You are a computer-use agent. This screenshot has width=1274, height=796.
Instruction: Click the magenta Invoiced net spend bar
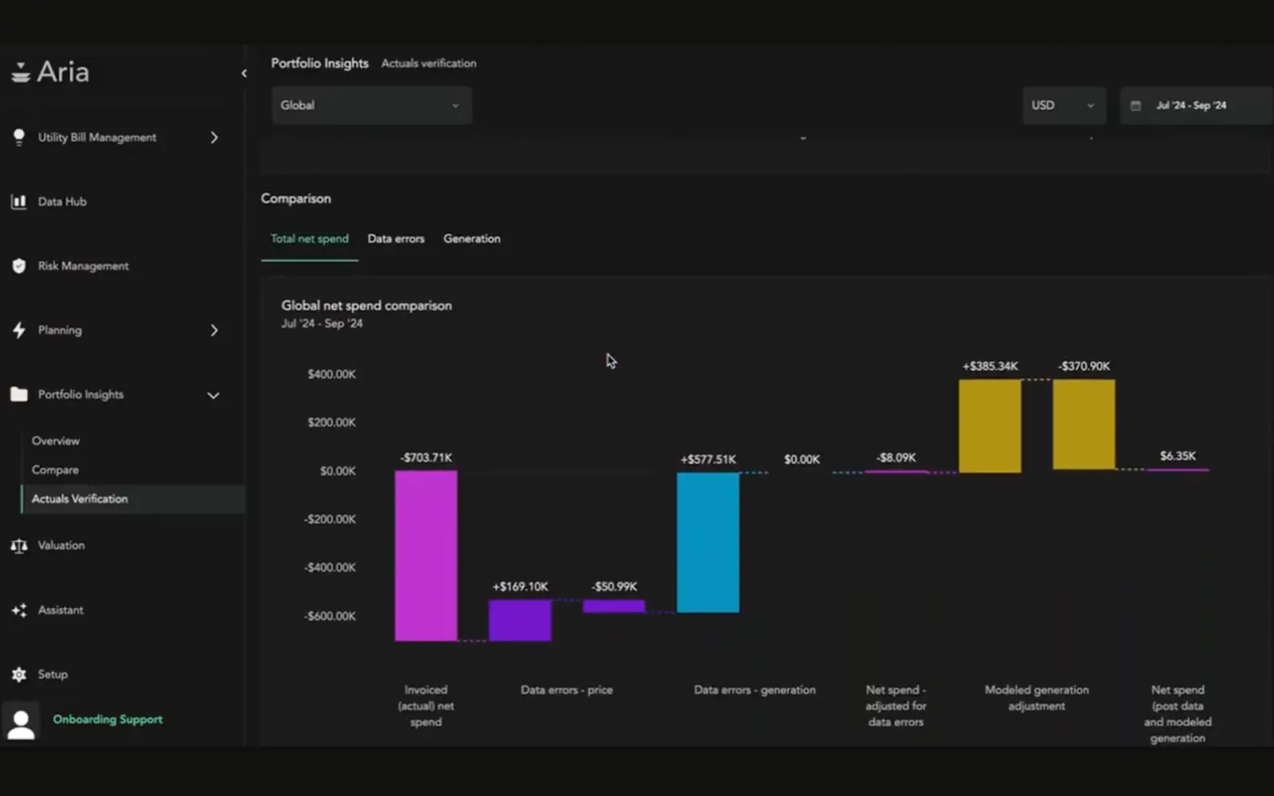coord(426,555)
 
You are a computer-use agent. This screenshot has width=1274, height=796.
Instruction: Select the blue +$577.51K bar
coord(708,542)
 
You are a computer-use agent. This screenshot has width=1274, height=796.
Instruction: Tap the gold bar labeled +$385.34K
coord(990,426)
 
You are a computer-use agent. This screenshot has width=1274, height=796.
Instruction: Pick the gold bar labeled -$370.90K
coord(1084,424)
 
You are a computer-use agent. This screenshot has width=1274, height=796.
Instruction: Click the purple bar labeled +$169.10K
coord(520,620)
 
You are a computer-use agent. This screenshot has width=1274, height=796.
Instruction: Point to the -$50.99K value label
coord(614,587)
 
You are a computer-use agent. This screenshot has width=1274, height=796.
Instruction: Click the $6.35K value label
coord(1178,456)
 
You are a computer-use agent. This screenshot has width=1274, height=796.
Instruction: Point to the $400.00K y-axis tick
coord(331,374)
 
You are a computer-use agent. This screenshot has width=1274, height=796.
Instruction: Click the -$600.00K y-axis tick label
coord(330,616)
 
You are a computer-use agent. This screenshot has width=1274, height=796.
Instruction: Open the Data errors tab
coord(396,239)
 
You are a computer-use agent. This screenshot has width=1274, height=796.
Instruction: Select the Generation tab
coord(471,239)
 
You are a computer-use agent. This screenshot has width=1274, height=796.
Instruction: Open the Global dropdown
coord(371,105)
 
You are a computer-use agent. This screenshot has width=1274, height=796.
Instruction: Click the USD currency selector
coord(1063,105)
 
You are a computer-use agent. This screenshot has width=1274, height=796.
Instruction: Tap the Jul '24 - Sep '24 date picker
coord(1191,105)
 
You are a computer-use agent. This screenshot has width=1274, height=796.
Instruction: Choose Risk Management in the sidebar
coord(83,266)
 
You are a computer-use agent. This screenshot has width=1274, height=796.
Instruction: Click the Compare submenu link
coord(55,470)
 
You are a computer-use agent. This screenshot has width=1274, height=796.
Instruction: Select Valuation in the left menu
coord(61,545)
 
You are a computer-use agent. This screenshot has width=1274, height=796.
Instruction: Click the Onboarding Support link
coord(107,719)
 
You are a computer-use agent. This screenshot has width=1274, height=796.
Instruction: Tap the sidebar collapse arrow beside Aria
coord(244,73)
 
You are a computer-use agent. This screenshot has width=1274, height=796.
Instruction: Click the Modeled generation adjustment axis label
coord(1036,698)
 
